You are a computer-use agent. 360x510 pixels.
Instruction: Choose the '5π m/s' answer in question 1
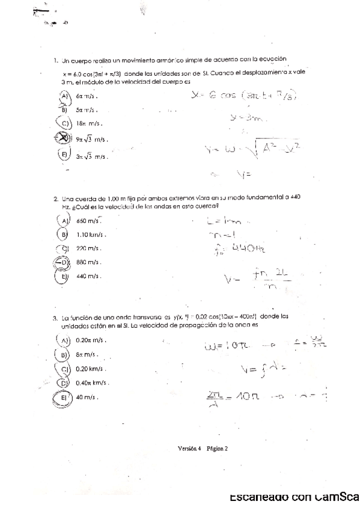click(x=87, y=109)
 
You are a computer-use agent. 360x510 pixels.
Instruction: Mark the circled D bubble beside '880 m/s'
click(x=62, y=262)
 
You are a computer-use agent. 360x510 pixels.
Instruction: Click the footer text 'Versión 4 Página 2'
click(x=203, y=448)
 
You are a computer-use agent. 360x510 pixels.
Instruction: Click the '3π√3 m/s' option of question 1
click(x=91, y=156)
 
